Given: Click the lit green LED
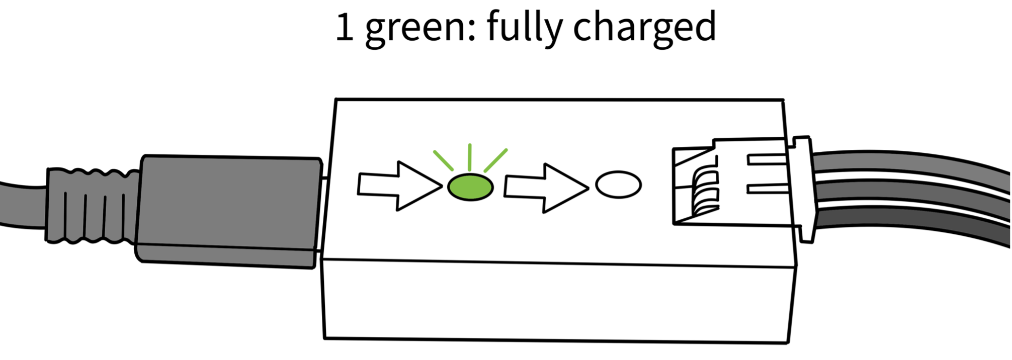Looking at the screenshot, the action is click(x=470, y=187).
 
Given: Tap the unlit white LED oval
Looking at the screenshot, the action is click(x=618, y=185).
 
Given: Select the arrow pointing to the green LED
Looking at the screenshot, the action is click(x=399, y=186).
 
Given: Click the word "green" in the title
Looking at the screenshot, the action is click(x=415, y=28).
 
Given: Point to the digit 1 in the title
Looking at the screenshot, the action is click(x=345, y=27).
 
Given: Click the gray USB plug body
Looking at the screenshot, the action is click(x=229, y=211).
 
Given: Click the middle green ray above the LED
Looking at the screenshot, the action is click(x=469, y=157).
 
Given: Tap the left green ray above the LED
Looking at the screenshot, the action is click(x=443, y=160).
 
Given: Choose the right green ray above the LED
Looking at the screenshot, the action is click(x=495, y=160).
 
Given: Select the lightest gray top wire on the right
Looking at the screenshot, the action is click(x=910, y=163).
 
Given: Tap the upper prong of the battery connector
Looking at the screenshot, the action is click(x=768, y=159).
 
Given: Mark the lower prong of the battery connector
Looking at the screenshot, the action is click(x=768, y=189).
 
